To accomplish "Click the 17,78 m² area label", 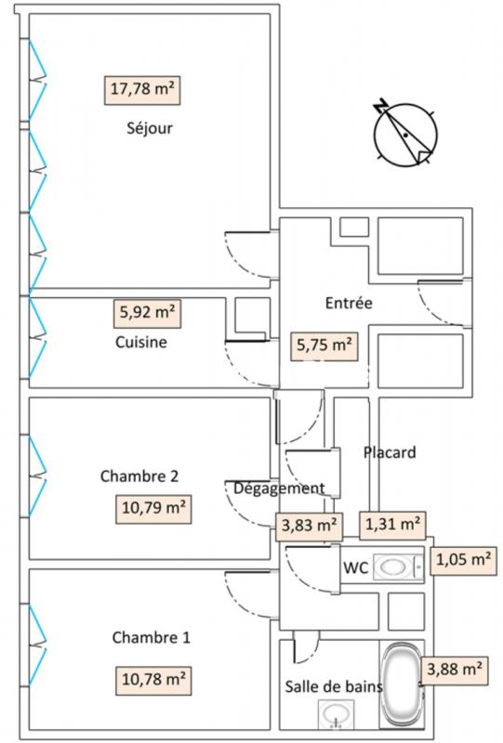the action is (142, 90).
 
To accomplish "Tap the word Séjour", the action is (150, 128).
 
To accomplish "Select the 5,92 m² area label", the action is (147, 313).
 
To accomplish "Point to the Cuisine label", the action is (141, 342).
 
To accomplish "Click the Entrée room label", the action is (349, 303).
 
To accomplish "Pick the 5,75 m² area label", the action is (324, 345).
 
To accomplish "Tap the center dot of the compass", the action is (405, 136).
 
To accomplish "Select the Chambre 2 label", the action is (139, 476).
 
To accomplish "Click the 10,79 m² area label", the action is (153, 509).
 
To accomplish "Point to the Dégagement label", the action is (279, 489).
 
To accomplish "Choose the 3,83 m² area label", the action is (310, 526).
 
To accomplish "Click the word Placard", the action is (390, 452).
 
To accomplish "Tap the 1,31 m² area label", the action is (392, 525).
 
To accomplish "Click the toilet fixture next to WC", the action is (398, 567).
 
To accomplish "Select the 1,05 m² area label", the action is (464, 561).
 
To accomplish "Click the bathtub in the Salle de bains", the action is (401, 684).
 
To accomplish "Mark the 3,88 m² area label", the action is (455, 671).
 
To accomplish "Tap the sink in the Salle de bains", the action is (337, 713).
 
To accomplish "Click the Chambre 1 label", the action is (151, 637).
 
